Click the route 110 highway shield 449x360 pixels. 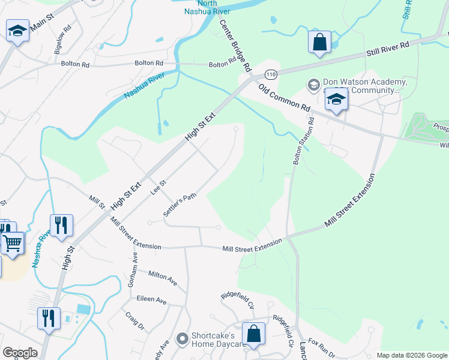[x=271, y=74]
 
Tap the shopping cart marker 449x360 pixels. [x=12, y=244]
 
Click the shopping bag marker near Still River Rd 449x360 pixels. [x=320, y=43]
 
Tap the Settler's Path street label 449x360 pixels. [x=179, y=205]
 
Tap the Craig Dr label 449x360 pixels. [x=135, y=321]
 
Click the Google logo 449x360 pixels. [x=20, y=353]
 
